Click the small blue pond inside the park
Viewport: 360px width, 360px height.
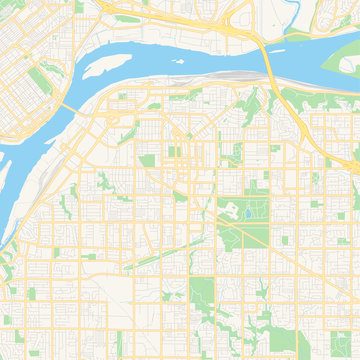click(246, 212)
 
